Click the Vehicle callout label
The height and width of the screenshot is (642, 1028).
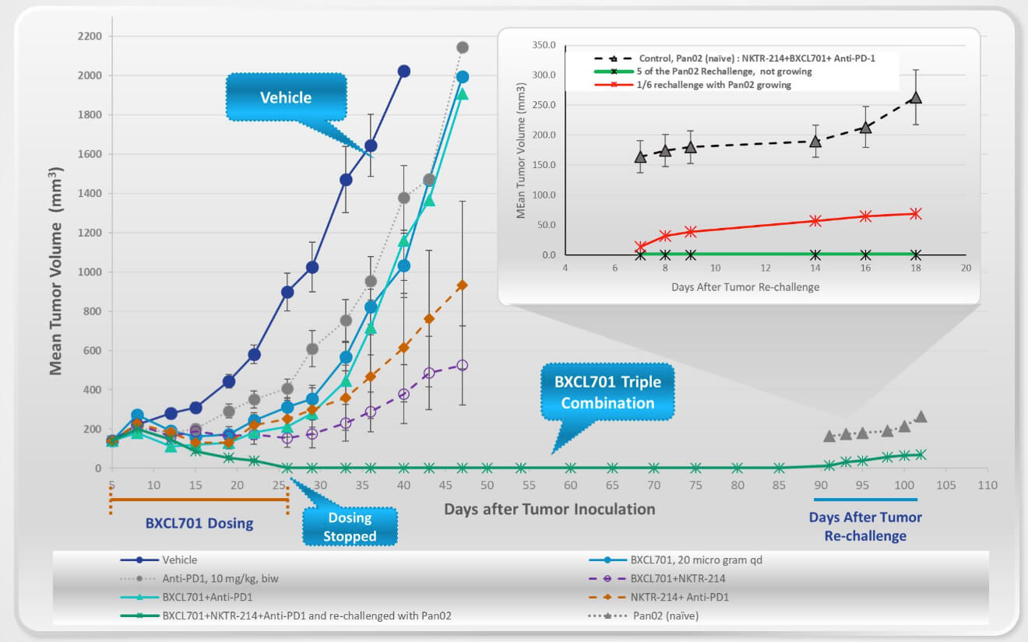click(x=285, y=98)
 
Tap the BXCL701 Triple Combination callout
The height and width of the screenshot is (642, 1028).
click(x=607, y=393)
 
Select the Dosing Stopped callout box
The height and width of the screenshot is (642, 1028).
click(x=350, y=527)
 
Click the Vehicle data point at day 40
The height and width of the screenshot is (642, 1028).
click(x=403, y=71)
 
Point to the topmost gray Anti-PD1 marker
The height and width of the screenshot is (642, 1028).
click(x=462, y=47)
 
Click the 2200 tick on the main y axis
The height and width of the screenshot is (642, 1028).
click(x=90, y=37)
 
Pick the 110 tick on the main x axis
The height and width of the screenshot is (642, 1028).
click(x=988, y=485)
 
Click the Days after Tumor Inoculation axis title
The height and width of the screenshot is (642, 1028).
click(x=549, y=510)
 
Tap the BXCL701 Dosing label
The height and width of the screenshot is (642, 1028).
click(x=199, y=524)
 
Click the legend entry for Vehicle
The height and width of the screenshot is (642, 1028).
click(x=179, y=560)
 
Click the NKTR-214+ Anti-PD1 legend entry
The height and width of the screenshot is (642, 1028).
click(x=680, y=597)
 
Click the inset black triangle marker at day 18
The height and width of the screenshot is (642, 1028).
click(x=915, y=98)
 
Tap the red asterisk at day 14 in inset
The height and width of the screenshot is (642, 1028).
click(x=815, y=221)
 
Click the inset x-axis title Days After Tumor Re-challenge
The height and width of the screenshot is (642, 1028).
click(x=745, y=286)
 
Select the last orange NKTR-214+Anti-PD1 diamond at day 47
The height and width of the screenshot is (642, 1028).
click(x=462, y=286)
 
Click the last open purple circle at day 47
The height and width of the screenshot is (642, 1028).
click(x=462, y=365)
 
